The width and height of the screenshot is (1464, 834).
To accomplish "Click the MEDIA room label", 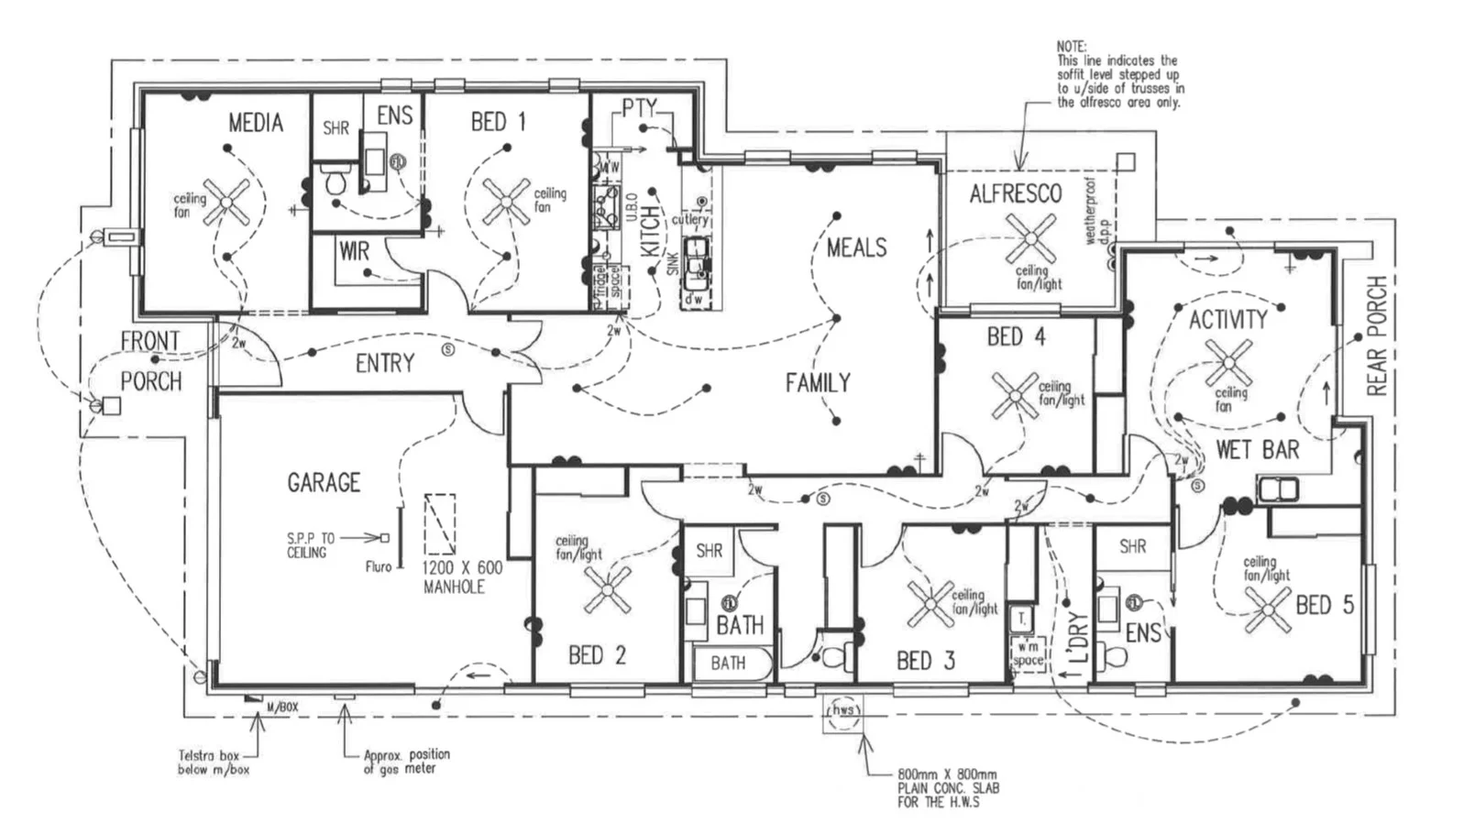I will [256, 123].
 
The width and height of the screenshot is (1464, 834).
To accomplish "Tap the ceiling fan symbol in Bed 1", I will [506, 202].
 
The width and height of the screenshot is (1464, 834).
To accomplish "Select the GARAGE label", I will [324, 482].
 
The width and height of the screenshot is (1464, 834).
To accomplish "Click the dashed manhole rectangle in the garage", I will [440, 524].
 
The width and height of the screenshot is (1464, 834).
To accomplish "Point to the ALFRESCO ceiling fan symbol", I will [1030, 238].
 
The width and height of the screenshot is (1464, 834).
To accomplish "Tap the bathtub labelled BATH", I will [728, 663].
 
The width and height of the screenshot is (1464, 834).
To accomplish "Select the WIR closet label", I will [354, 251].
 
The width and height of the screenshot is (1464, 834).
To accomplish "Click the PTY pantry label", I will [639, 108].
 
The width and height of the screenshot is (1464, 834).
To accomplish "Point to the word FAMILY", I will [818, 382].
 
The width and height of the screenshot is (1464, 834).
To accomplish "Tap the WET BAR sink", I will [1278, 489].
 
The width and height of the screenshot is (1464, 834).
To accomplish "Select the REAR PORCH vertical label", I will [1377, 335].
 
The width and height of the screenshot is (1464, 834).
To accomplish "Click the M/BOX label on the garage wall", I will [282, 708].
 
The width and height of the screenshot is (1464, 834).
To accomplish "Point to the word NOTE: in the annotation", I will [1071, 46].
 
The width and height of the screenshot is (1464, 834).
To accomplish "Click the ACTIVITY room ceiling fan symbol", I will [1228, 363].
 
